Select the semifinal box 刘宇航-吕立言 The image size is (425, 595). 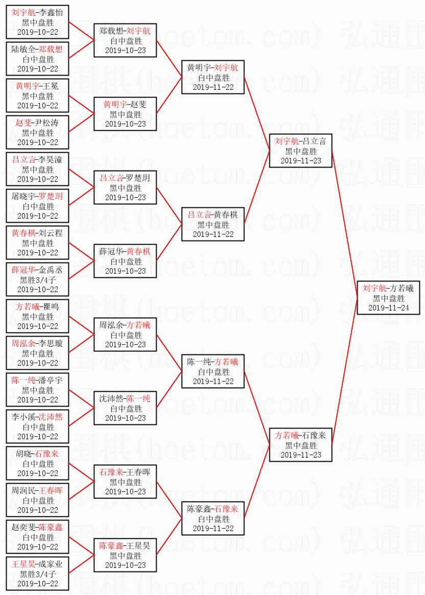click(301, 151)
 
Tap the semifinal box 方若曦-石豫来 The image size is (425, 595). click(301, 445)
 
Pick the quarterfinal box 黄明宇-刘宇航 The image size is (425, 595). click(213, 78)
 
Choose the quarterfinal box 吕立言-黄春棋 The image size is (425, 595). click(213, 225)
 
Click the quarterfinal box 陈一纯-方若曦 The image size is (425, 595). click(213, 372)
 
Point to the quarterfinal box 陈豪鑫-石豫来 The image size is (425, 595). click(213, 519)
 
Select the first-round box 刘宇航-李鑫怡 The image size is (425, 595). click(38, 22)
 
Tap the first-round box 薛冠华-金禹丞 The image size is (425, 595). click(38, 280)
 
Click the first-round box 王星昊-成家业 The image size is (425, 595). click(38, 574)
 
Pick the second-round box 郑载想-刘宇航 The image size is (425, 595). click(125, 41)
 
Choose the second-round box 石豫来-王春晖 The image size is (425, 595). click(125, 482)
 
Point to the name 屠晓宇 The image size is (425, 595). click(23, 197)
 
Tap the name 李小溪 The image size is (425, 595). click(23, 417)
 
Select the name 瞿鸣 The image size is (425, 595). click(51, 307)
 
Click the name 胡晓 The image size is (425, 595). click(23, 454)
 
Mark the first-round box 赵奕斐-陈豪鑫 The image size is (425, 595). click(38, 537)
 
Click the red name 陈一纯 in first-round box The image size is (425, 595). click(23, 380)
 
